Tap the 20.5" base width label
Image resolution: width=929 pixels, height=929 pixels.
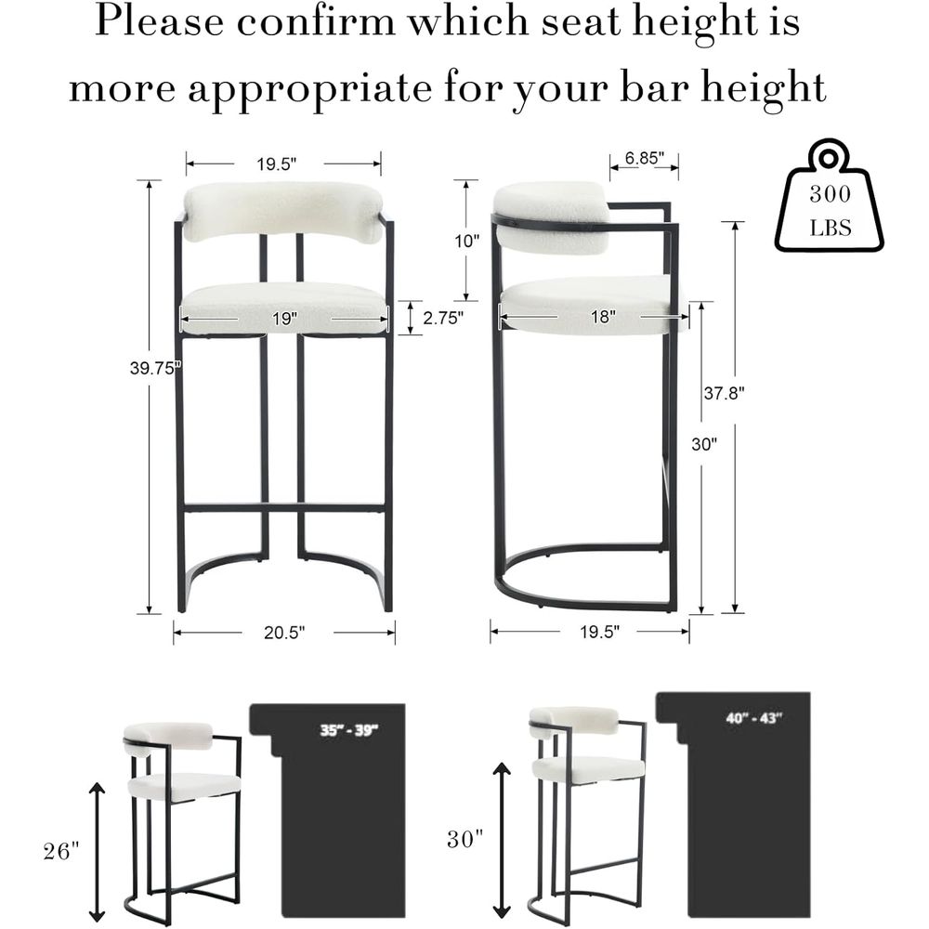284,633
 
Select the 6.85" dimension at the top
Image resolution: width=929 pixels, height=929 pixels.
645,158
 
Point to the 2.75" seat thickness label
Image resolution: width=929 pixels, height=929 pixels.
443,318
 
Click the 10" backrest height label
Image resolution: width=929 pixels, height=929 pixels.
467,242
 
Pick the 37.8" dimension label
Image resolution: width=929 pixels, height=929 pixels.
724,392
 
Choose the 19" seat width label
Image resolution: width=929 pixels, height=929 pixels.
284,319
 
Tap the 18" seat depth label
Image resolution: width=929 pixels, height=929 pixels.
603,317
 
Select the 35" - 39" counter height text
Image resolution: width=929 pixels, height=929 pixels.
349,729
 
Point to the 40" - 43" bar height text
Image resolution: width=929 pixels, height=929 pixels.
754,718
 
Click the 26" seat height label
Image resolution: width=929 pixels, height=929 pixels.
61,851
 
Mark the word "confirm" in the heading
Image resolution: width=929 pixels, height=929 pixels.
316,22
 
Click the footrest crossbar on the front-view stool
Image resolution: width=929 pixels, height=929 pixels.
284,508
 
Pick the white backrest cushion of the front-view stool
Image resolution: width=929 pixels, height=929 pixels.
283,213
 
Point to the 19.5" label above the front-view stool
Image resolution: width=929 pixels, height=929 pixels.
277,164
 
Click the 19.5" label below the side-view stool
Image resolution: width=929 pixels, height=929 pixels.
599,632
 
